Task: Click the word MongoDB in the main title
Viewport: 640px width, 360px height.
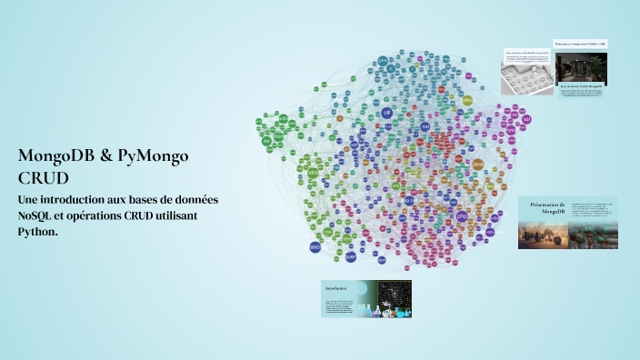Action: [56, 156]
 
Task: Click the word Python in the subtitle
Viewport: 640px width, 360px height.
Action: [36, 232]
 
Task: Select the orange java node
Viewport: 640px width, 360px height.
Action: [478, 164]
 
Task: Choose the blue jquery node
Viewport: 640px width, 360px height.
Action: [351, 256]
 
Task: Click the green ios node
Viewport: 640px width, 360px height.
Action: [266, 141]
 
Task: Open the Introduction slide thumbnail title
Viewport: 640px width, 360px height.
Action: [335, 288]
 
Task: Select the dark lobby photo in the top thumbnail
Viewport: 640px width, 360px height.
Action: [581, 67]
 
